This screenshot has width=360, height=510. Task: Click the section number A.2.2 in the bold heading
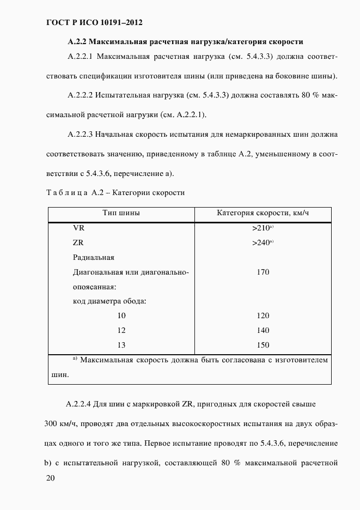pos(77,41)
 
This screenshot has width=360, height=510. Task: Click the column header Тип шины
pos(121,212)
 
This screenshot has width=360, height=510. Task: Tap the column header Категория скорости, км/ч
pos(263,212)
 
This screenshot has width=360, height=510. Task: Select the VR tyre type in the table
pos(78,229)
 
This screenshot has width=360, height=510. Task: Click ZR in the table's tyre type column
pos(78,243)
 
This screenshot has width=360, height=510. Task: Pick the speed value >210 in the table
pos(261,229)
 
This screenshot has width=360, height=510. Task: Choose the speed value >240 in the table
pos(261,243)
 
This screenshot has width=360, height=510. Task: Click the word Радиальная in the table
pos(93,258)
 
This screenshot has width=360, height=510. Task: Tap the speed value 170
pos(263,272)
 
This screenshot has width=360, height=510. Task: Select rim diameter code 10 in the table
pos(121,316)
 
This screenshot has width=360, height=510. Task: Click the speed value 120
pos(263,316)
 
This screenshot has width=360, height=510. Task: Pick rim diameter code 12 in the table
pos(121,330)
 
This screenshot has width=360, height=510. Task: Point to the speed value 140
pos(263,330)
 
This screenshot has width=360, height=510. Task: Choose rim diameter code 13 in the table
pos(121,345)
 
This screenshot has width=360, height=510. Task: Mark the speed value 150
pos(263,345)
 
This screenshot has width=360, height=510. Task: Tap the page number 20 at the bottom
pos(51,478)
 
